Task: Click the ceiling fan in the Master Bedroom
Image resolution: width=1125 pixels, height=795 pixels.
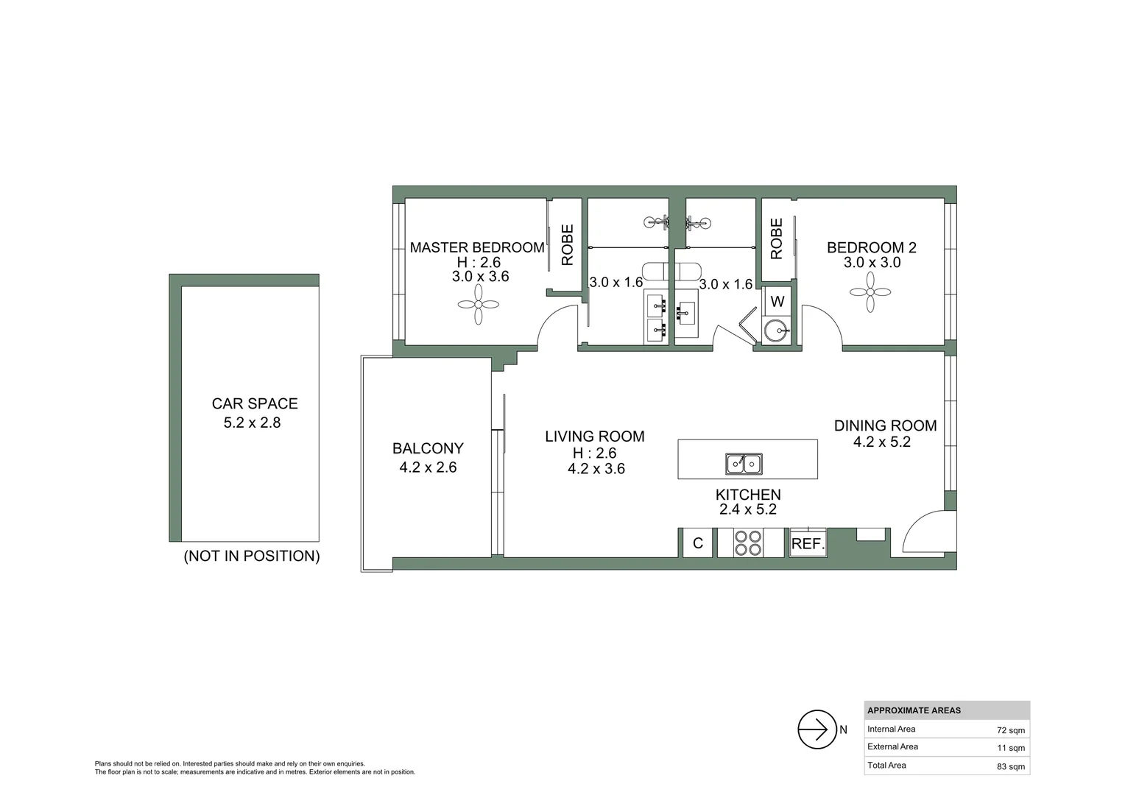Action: [x=478, y=305]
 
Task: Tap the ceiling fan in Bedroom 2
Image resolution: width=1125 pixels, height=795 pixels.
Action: [x=870, y=292]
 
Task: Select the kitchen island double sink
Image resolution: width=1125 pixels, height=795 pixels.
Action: [x=744, y=464]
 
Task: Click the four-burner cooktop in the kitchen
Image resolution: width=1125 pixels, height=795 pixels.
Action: [x=748, y=543]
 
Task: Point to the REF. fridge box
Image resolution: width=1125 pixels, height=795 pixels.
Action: [x=808, y=544]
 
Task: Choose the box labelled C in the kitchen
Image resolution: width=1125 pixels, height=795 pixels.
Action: [x=697, y=543]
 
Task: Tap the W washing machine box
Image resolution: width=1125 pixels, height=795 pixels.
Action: [x=777, y=302]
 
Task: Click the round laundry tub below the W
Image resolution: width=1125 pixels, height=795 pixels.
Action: [x=775, y=331]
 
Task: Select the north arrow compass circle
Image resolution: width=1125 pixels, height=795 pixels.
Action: [x=817, y=729]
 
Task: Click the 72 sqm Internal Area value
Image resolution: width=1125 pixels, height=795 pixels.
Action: [x=1010, y=730]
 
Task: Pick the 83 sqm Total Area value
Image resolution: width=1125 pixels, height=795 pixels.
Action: [x=1010, y=766]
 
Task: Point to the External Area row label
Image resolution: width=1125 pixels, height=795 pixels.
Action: [x=892, y=746]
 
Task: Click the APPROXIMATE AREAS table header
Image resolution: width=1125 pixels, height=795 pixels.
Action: [x=914, y=710]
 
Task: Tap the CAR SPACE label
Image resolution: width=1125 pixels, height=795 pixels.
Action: [x=255, y=403]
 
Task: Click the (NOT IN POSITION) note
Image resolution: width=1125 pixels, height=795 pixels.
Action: [x=252, y=556]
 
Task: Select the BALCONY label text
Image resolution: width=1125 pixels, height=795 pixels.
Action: [x=428, y=448]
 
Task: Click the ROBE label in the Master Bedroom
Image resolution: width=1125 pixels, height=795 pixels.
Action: [x=567, y=245]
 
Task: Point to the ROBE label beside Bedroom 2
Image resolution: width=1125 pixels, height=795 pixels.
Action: [x=776, y=239]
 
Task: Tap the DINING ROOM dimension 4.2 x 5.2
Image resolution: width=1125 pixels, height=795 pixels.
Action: [x=881, y=442]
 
